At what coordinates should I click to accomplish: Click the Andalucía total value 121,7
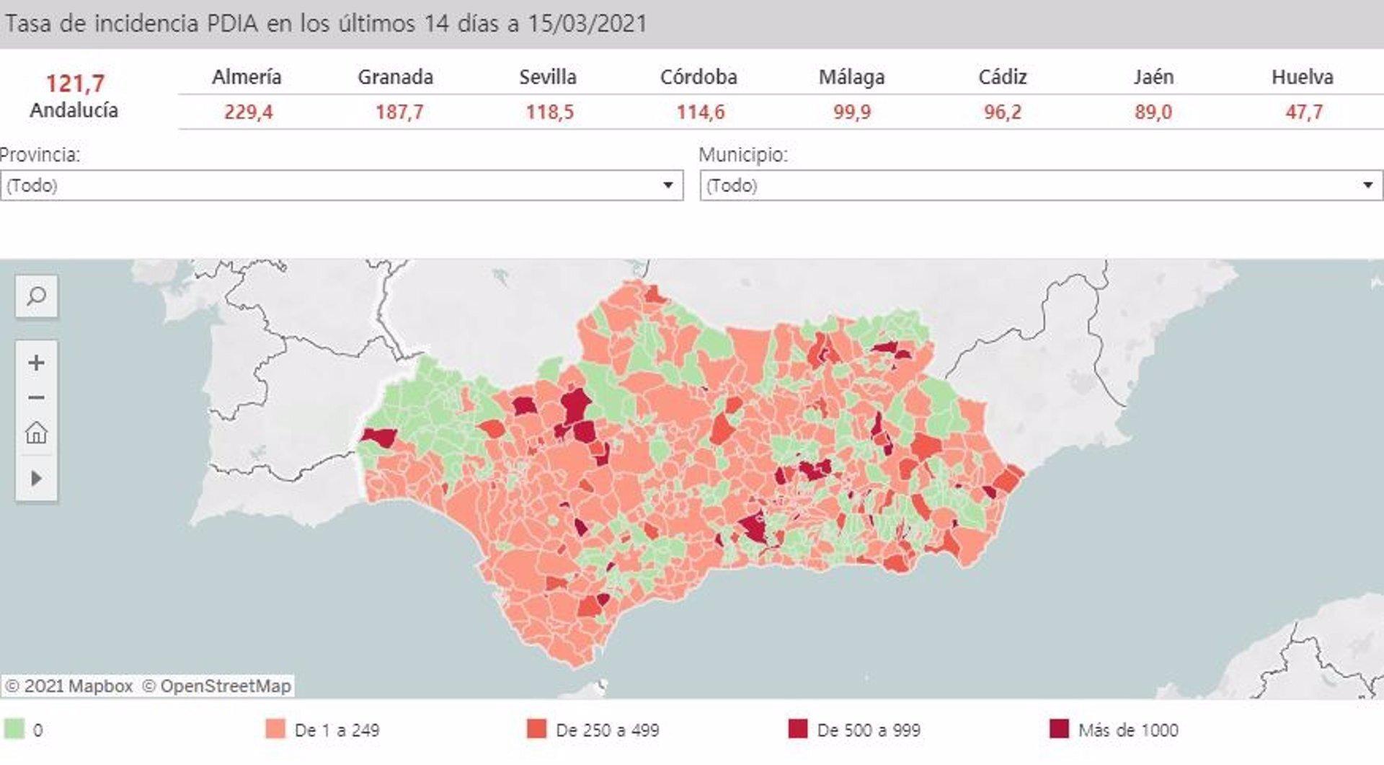coord(75,84)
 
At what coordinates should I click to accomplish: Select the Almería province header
coord(247,77)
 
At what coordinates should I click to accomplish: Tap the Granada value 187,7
coord(399,112)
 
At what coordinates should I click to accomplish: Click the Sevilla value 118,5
coord(549,112)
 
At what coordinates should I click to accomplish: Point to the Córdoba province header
coord(698,77)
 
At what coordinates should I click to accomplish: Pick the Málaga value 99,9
coord(851,112)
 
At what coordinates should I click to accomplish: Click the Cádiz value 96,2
coord(1002,112)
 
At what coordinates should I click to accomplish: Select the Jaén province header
coord(1153,77)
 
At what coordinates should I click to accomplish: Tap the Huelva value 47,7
coord(1304,112)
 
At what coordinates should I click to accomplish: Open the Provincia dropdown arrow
coord(668,185)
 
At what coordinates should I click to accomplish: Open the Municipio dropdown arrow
coord(1367,185)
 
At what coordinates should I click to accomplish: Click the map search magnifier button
coord(36,296)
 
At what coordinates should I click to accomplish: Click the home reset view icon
coord(36,433)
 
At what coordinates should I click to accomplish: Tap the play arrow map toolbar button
coord(36,478)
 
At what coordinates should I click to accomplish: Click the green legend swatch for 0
coord(14,729)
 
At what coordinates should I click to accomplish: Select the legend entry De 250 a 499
coord(607,730)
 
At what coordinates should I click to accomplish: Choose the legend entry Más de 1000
coord(1127,730)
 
